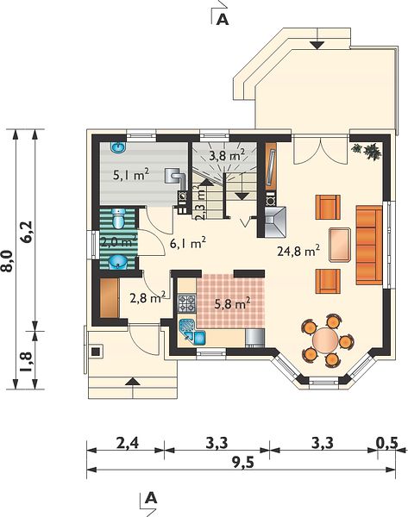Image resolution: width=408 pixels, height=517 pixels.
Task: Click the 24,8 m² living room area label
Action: click(298, 252)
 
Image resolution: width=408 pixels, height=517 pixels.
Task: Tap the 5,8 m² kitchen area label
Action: click(232, 303)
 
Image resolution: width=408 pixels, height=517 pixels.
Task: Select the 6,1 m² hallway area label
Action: click(188, 243)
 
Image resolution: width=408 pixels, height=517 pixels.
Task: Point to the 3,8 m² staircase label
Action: click(227, 154)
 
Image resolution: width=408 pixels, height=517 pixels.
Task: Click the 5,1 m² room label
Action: click(131, 175)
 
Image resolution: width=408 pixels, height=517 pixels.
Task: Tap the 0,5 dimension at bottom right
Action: click(387, 443)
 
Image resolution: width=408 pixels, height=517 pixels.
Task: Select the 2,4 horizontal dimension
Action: click(128, 443)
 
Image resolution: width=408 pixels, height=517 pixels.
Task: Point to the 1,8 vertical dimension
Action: click(27, 362)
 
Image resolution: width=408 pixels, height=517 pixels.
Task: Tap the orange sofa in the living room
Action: click(369, 245)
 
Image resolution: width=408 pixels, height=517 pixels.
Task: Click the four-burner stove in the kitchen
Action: click(187, 303)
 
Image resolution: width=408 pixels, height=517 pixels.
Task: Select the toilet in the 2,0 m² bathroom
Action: click(118, 218)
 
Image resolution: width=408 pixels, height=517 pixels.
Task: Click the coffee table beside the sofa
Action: click(339, 245)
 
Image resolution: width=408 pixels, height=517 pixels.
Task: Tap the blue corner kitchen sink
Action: click(192, 333)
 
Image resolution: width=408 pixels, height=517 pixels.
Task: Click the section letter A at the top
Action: click(223, 20)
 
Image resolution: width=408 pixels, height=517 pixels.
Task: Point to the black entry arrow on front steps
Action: click(133, 382)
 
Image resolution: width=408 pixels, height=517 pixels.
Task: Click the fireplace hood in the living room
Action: click(275, 221)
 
